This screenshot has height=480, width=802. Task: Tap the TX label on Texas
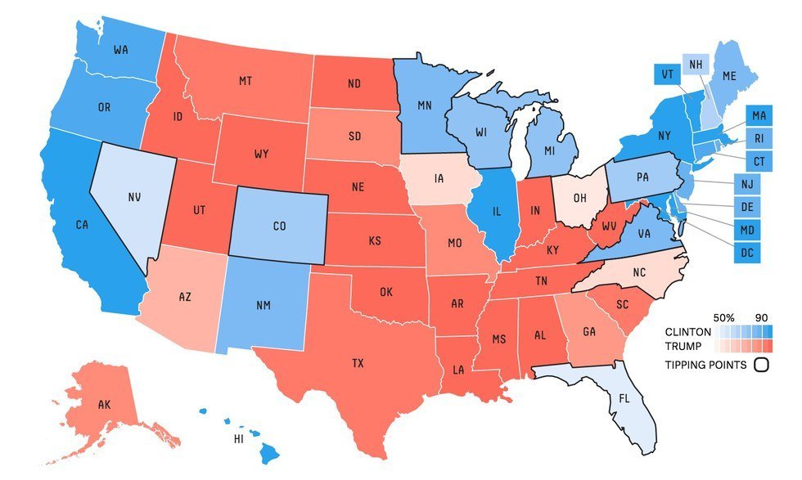[358, 362]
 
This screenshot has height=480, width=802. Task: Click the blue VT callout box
[667, 74]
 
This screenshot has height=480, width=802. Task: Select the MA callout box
[759, 115]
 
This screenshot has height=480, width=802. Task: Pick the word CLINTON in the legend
[688, 333]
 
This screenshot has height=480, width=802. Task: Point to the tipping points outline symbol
[761, 366]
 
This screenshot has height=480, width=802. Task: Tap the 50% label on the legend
[724, 317]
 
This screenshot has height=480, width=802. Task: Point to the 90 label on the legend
[762, 317]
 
